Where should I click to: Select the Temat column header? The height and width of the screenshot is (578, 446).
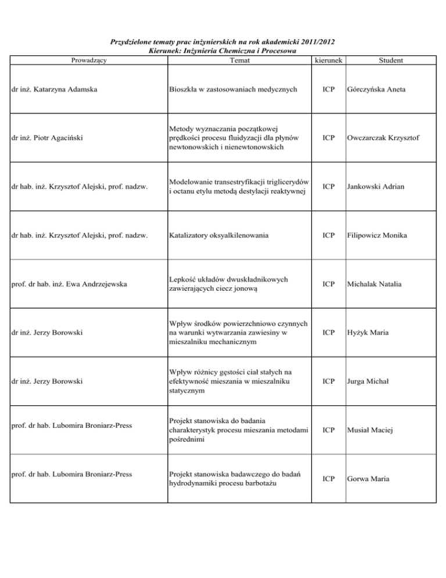coord(240,60)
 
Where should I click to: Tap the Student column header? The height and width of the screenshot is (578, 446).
coord(391,60)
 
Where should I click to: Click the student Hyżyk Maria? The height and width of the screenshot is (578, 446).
coord(369,333)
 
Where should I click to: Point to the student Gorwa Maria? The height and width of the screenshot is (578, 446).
coord(369,479)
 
